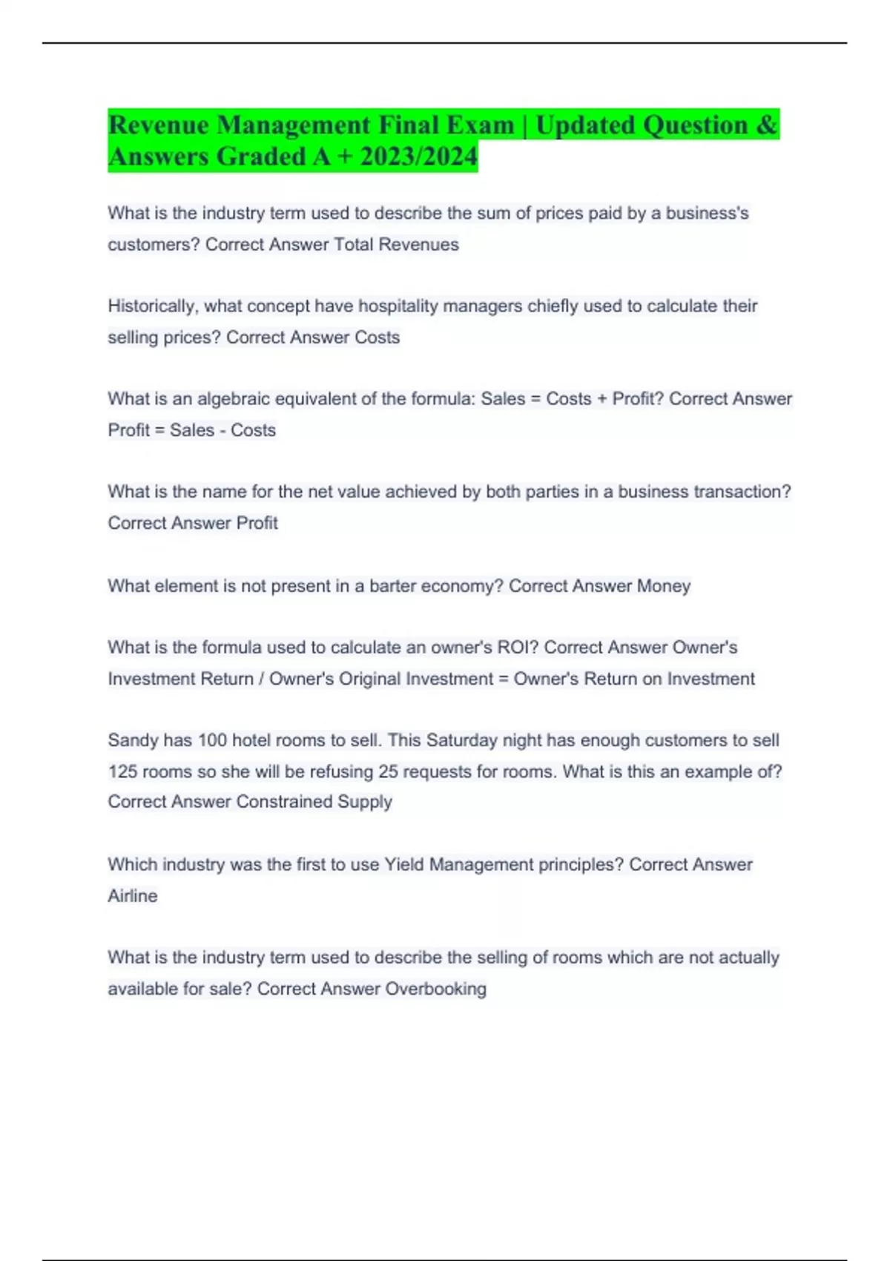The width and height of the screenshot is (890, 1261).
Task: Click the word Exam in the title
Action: [x=478, y=125]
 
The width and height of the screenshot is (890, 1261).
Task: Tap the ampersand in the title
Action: [x=767, y=125]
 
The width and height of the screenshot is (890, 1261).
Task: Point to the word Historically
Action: [x=152, y=306]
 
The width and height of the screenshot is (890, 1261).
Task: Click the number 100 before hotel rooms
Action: [x=212, y=740]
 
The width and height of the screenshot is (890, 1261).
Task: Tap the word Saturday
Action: [x=461, y=740]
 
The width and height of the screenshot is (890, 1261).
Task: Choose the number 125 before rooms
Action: [x=122, y=771]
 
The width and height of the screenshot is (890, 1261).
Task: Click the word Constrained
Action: [x=283, y=802]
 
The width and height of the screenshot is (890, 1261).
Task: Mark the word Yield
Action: [x=404, y=865]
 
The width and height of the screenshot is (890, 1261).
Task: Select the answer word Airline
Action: [x=133, y=896]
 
